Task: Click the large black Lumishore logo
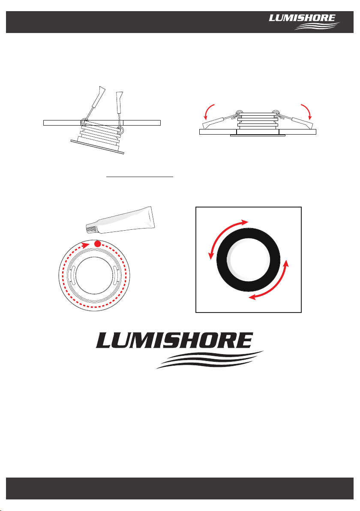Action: point(180,350)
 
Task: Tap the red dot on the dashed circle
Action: point(97,244)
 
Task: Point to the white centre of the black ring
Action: point(248,260)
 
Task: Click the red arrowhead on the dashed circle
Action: point(86,245)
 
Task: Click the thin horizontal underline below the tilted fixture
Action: point(140,177)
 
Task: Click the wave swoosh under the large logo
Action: point(210,360)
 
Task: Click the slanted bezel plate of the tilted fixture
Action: point(97,147)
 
